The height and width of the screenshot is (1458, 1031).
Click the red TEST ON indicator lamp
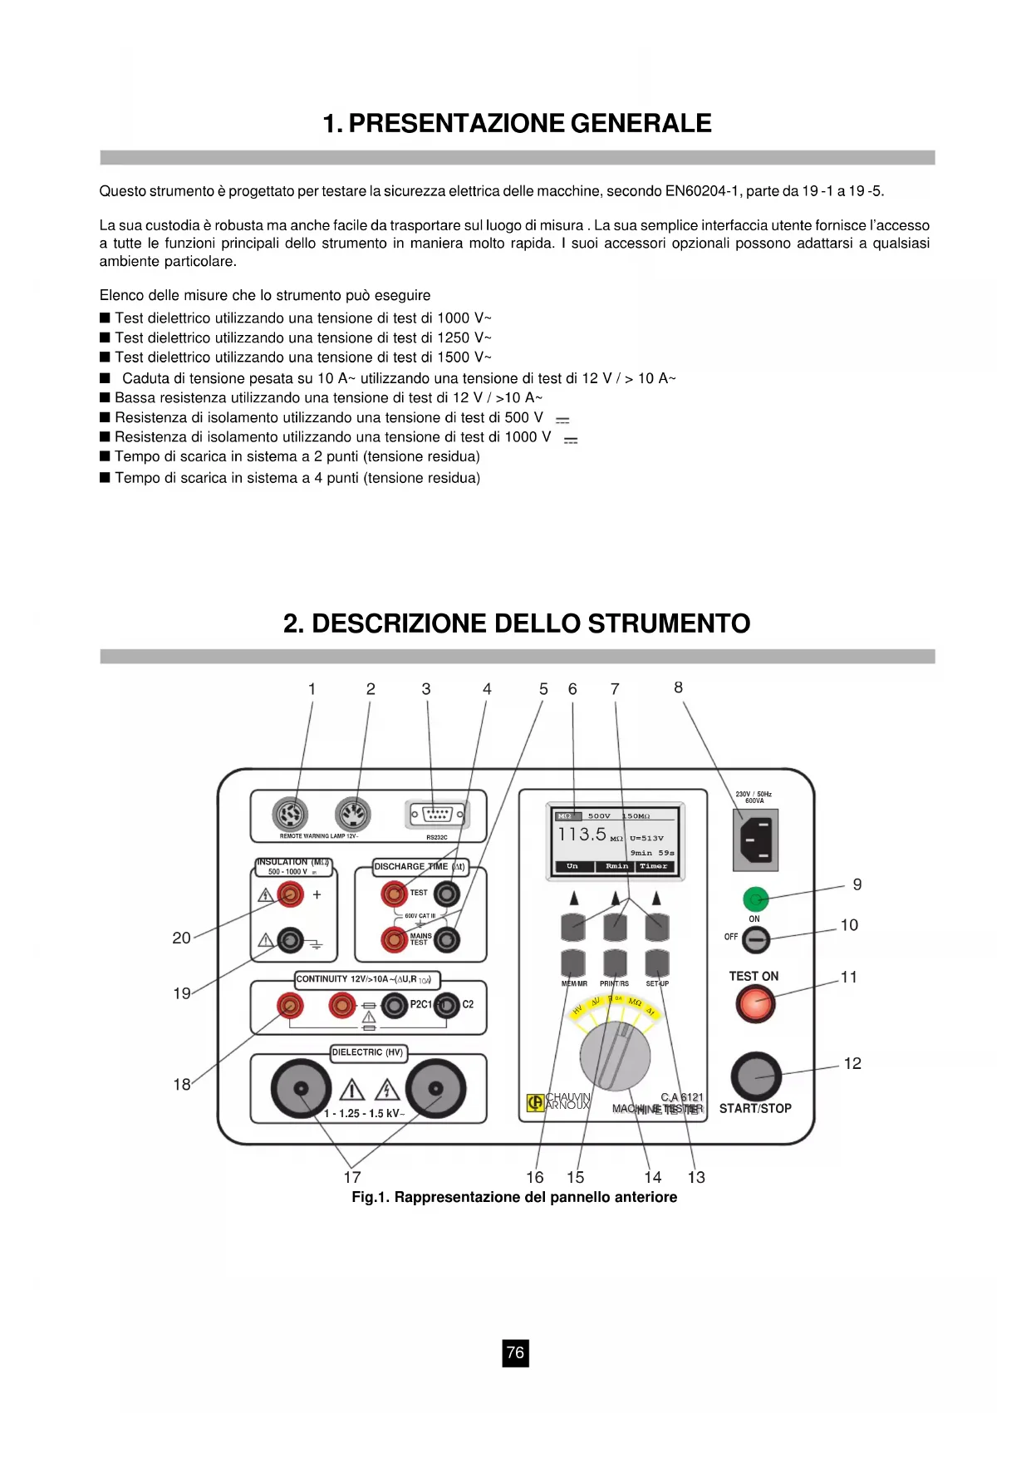pos(755,1004)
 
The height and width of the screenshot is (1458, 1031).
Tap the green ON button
pos(755,899)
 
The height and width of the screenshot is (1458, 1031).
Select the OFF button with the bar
pos(755,939)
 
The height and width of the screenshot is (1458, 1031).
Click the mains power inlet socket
pos(755,839)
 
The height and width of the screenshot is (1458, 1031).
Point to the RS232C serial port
pos(437,815)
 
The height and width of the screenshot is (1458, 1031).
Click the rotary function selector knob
pos(615,1056)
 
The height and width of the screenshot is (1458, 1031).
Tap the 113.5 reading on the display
pos(582,835)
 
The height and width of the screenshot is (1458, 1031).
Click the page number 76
pos(515,1352)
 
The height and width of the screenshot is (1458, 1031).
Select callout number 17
pos(352,1177)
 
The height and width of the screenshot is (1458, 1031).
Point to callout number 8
pos(679,687)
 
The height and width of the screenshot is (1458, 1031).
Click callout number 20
pos(181,938)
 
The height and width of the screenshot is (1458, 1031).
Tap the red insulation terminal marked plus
pos(290,894)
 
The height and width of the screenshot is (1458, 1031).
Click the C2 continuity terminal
pos(448,1005)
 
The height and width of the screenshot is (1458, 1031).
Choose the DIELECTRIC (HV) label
pos(367,1052)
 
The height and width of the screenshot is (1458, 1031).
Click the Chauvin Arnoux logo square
pos(535,1102)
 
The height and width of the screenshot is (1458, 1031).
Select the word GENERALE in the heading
pos(641,124)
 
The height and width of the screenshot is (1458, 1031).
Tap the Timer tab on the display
pos(654,866)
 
